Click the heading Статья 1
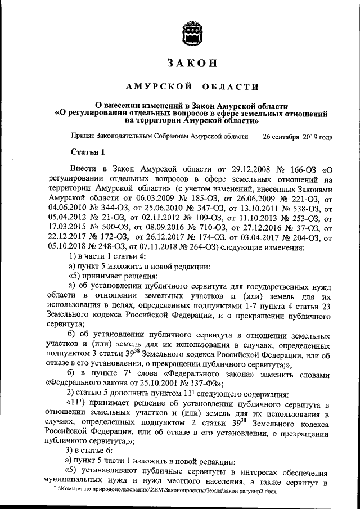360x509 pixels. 87,152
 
